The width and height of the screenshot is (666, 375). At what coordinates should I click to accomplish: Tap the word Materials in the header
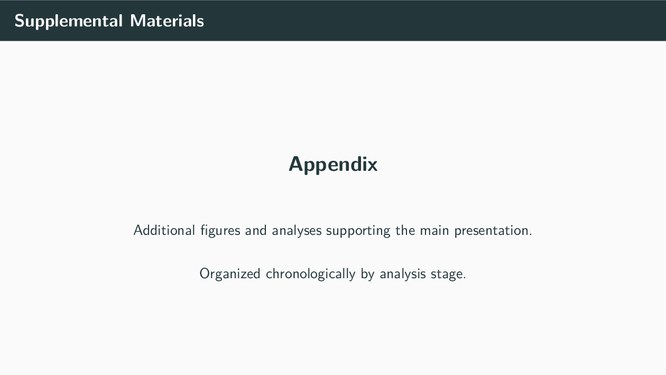pyautogui.click(x=167, y=21)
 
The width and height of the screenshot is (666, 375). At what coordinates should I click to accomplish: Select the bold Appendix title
pyautogui.click(x=333, y=164)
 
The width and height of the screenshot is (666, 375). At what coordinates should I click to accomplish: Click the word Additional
pyautogui.click(x=164, y=231)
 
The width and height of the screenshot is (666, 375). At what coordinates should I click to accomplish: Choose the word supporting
pyautogui.click(x=358, y=231)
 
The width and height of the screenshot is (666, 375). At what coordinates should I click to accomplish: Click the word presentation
pyautogui.click(x=493, y=231)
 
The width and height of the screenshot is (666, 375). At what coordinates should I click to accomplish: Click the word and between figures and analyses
pyautogui.click(x=256, y=231)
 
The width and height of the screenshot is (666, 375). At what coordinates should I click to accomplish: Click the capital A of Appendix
pyautogui.click(x=295, y=164)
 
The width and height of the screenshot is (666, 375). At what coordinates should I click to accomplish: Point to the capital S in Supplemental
pyautogui.click(x=20, y=21)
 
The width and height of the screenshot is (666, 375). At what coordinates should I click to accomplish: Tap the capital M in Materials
pyautogui.click(x=137, y=21)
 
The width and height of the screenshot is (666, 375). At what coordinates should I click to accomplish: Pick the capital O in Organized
pyautogui.click(x=205, y=274)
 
